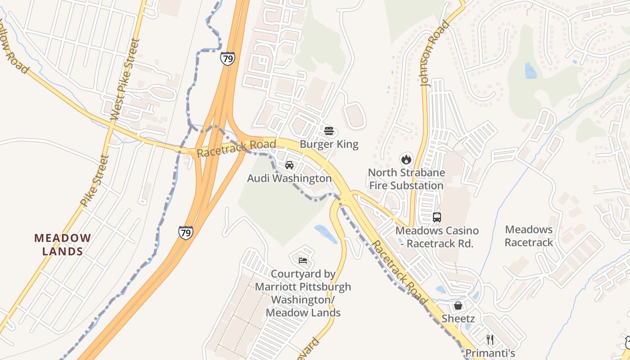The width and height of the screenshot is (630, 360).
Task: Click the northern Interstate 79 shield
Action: point(227,58)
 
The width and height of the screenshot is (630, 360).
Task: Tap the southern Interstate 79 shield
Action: point(185,233)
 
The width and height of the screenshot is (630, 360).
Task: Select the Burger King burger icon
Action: point(329,131)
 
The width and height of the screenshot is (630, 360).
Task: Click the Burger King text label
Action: point(329,144)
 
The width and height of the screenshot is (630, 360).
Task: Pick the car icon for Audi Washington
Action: point(289,165)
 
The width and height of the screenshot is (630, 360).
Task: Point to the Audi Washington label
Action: point(289,179)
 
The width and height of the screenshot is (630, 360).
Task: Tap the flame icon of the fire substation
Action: point(406,159)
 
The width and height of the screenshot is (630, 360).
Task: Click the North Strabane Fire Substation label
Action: point(406,179)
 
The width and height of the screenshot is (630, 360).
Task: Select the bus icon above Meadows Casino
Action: point(436,217)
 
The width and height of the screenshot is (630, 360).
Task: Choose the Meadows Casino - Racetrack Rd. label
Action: point(437,237)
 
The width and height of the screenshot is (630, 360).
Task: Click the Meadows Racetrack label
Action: point(529,236)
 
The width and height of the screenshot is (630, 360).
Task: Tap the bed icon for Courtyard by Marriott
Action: point(303,260)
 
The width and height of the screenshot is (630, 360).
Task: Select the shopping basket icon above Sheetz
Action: point(458,306)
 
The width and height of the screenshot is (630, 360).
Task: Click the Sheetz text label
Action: point(458,319)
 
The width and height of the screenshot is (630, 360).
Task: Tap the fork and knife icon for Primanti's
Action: point(490,339)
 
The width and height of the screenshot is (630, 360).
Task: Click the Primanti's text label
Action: point(490,353)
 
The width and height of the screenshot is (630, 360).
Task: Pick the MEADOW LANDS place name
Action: point(63,244)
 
